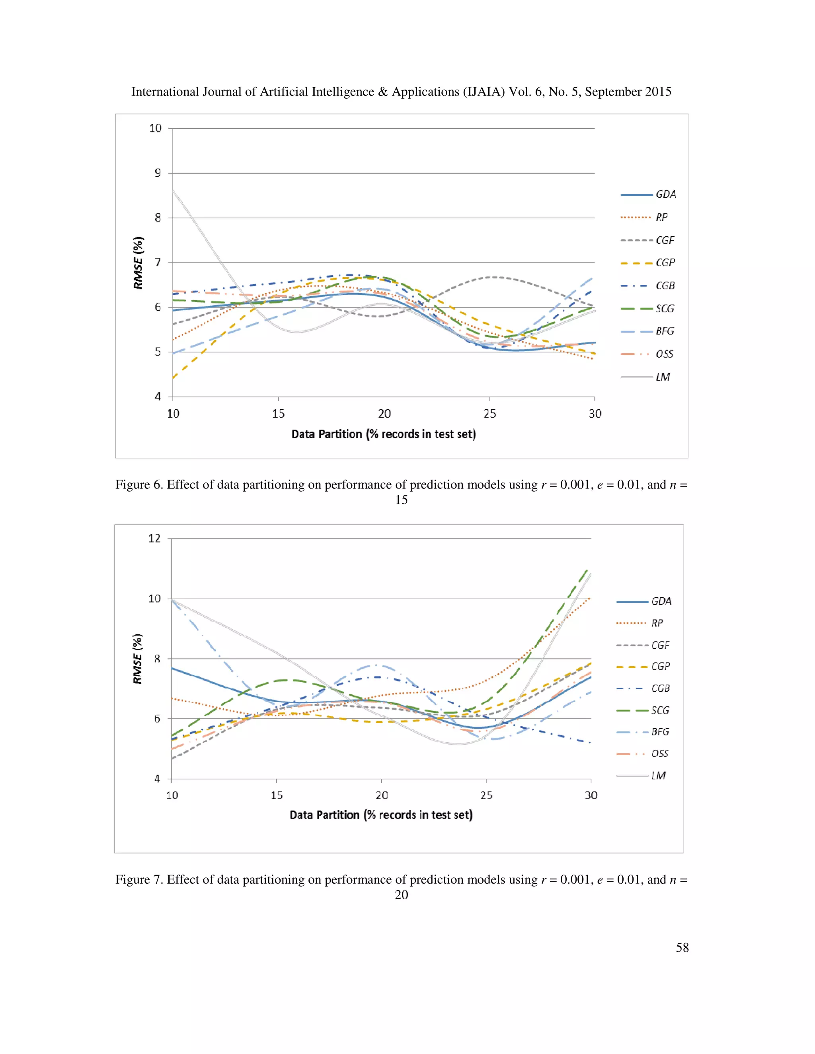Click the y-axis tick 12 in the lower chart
tap(154, 538)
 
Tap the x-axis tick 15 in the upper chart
tap(278, 414)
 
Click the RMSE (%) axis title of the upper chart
tap(138, 263)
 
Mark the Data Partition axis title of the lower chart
tap(381, 815)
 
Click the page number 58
tap(682, 947)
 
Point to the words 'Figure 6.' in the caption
tap(139, 484)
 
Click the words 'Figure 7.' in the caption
tap(139, 879)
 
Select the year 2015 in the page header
tap(657, 92)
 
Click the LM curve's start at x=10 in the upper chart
tap(174, 191)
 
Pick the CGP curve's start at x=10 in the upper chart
tap(174, 378)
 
